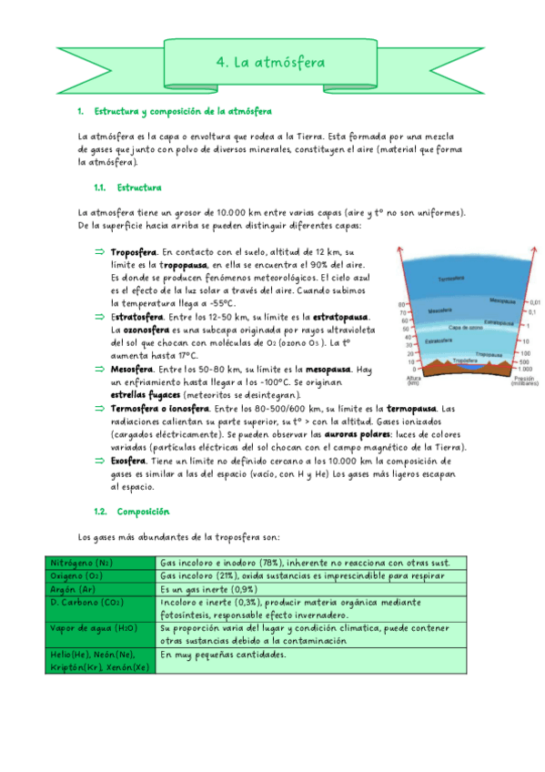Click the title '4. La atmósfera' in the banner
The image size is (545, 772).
click(270, 62)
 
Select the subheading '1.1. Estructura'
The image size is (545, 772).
click(127, 188)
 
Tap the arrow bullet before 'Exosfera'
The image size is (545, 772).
click(100, 462)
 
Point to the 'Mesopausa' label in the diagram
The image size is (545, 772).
click(502, 299)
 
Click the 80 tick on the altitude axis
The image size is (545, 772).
click(402, 305)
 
